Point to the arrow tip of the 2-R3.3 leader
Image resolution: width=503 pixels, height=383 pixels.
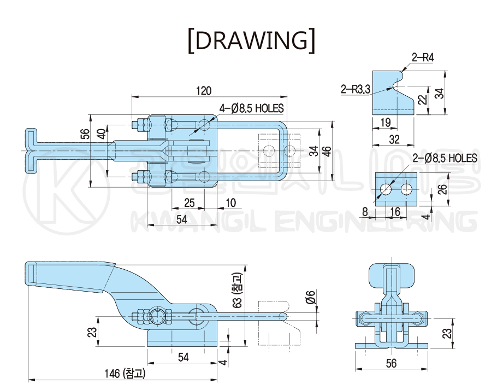392,87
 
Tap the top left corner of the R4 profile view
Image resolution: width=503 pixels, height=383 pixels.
372,71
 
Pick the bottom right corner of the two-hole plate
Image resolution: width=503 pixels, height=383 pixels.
417,206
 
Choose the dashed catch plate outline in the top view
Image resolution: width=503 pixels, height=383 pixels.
280,150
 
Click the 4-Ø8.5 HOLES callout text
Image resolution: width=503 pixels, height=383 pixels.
251,108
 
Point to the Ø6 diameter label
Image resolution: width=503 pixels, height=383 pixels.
311,297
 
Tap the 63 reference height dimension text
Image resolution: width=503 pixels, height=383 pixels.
238,291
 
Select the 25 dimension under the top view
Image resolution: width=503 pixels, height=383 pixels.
190,203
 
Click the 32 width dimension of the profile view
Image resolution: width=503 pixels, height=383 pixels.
394,140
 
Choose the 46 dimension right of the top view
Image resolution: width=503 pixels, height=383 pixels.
327,151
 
